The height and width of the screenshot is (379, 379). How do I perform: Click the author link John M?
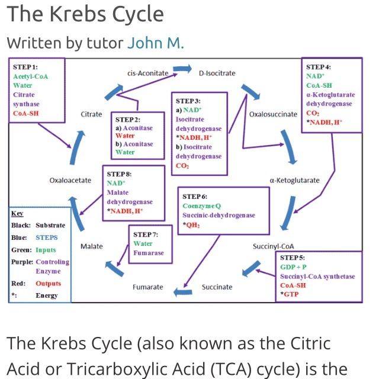click(x=156, y=43)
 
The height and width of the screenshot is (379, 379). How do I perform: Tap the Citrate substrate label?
click(x=91, y=114)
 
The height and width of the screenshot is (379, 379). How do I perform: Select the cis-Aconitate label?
click(x=148, y=73)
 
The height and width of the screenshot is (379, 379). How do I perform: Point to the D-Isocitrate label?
click(x=217, y=73)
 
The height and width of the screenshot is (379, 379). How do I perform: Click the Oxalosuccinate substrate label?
click(x=273, y=114)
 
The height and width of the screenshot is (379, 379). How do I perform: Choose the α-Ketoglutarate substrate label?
click(x=294, y=180)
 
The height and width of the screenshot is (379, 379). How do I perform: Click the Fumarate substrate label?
click(x=147, y=287)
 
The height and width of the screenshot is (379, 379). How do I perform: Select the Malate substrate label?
click(x=91, y=246)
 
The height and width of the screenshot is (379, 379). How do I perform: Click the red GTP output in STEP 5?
click(x=291, y=294)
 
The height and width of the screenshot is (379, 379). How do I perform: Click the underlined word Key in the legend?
click(x=17, y=213)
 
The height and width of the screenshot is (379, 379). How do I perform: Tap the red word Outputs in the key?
click(x=48, y=283)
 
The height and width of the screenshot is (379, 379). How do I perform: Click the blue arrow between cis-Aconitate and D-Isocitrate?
click(x=182, y=70)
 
